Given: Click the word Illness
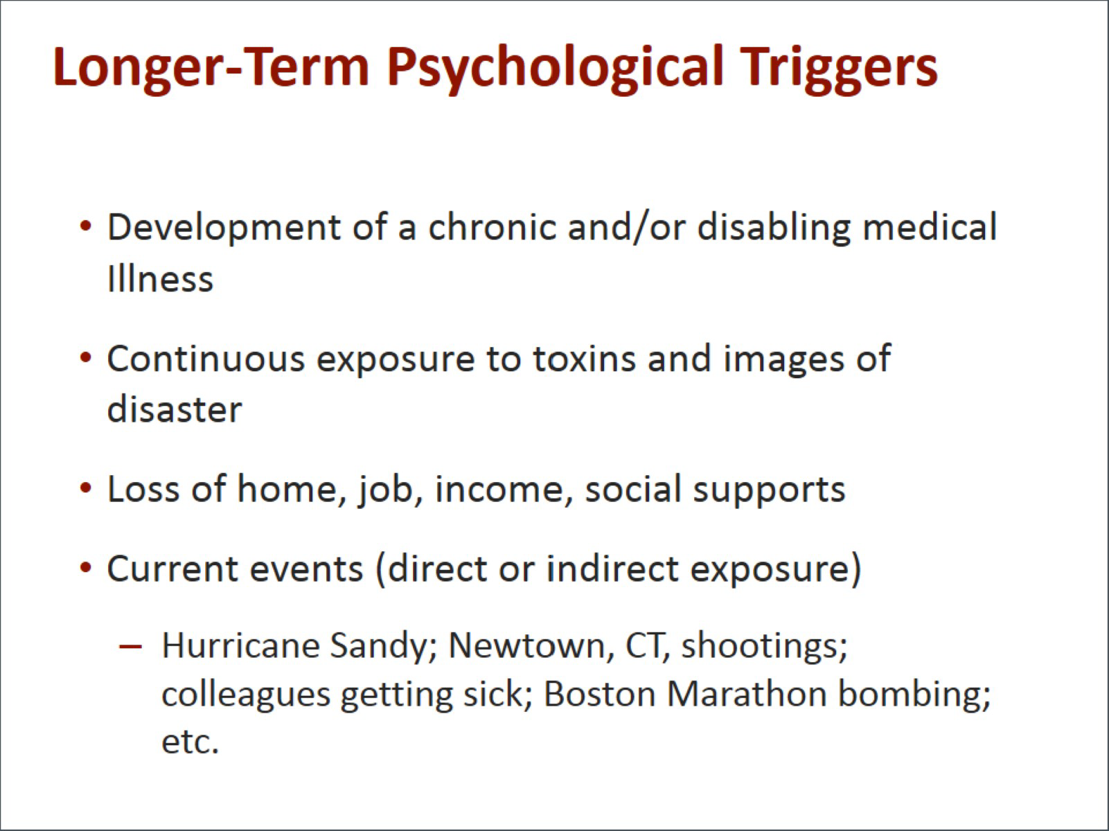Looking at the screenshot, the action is pyautogui.click(x=160, y=278).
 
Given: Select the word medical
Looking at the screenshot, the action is pyautogui.click(x=930, y=226).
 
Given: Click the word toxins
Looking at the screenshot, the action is pyautogui.click(x=584, y=359).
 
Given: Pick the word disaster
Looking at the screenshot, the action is pyautogui.click(x=175, y=409).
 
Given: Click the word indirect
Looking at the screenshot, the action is pyautogui.click(x=612, y=569).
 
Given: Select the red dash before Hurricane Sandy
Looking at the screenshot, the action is pyautogui.click(x=130, y=645).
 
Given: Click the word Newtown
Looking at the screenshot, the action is pyautogui.click(x=531, y=646).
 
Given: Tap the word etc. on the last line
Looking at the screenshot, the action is pyautogui.click(x=190, y=742).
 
